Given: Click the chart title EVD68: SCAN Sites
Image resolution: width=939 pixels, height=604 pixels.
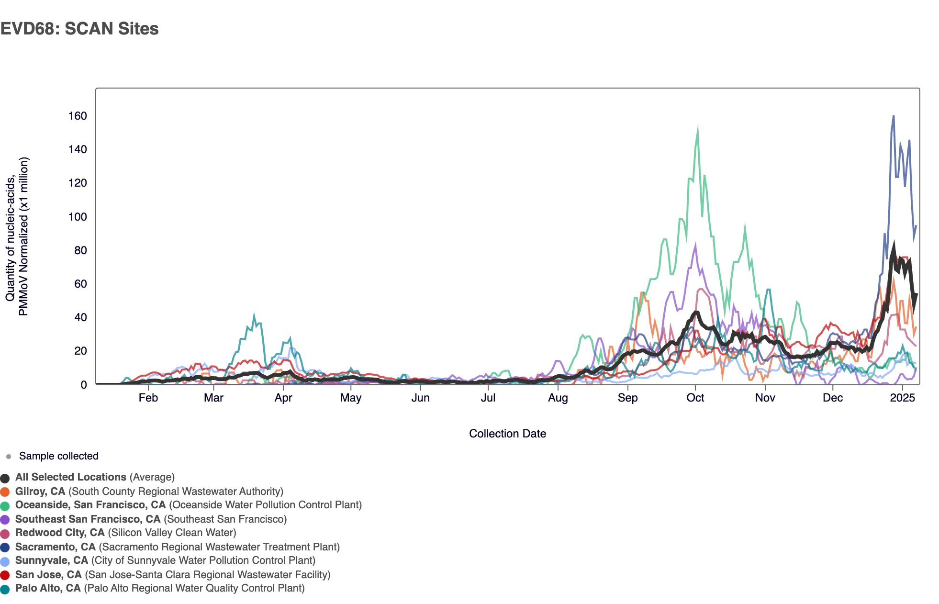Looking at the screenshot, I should [x=79, y=29].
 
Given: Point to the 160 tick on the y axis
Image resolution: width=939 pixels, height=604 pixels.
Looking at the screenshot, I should [x=78, y=116].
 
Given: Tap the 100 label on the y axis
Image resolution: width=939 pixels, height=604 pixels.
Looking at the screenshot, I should [x=78, y=217].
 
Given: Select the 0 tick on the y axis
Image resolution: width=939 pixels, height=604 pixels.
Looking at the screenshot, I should [x=84, y=385].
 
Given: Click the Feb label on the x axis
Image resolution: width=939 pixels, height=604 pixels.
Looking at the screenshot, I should [x=148, y=398].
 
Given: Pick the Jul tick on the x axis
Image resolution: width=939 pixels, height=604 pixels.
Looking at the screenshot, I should [x=488, y=398].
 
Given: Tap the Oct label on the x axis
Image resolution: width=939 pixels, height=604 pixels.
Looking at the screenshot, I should [x=695, y=398].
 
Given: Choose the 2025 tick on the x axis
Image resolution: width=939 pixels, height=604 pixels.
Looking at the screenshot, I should [x=902, y=398].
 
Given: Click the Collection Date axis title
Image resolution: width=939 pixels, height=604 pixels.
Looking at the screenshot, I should [x=507, y=434].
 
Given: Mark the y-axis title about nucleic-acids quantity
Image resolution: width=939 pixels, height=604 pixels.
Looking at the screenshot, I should [x=17, y=236].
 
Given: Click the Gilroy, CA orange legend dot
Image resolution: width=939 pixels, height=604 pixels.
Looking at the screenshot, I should [x=5, y=492].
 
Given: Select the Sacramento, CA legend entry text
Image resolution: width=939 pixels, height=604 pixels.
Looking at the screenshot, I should [x=177, y=547].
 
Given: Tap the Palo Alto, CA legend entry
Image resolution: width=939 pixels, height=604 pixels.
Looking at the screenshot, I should [x=160, y=588].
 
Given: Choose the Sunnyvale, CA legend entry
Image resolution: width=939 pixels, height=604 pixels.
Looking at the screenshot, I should [x=165, y=560].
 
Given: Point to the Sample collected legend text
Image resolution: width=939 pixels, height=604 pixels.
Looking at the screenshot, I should [x=58, y=456].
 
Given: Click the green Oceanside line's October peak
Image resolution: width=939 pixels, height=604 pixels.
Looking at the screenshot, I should [x=697, y=129].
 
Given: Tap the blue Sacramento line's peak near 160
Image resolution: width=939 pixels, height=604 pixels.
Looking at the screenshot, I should [x=893, y=116].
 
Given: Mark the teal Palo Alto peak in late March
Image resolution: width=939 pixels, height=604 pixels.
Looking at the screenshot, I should [x=254, y=315].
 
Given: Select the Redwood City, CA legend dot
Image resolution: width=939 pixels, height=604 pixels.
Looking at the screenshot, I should [x=5, y=534].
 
